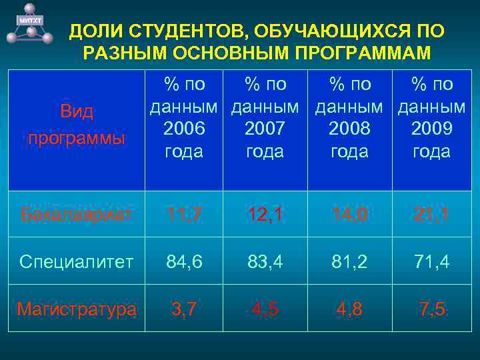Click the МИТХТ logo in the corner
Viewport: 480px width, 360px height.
coord(29,23)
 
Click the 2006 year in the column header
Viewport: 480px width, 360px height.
coord(183,128)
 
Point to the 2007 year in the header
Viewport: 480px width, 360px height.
coord(265,128)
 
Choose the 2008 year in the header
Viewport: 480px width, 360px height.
coord(349,128)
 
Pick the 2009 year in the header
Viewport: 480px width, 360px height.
coord(431,128)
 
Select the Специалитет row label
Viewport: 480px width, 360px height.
coord(77,261)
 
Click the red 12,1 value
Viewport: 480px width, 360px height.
coord(265,215)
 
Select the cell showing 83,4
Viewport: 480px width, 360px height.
coord(265,261)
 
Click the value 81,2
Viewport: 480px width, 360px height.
coord(349,261)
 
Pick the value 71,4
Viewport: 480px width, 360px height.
coord(431,261)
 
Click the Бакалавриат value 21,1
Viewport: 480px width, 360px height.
coord(431,215)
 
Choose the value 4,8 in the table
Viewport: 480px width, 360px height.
coord(349,309)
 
